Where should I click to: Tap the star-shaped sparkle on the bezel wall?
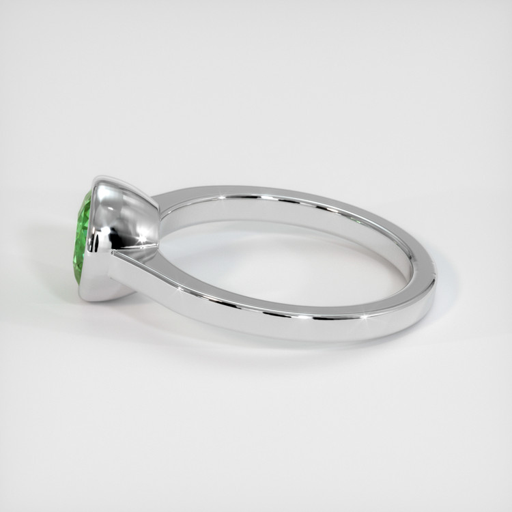tap(143, 239)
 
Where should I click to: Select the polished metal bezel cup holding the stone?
tap(126, 225)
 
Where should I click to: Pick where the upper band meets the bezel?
tap(158, 203)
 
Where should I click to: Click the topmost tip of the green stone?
tap(87, 193)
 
